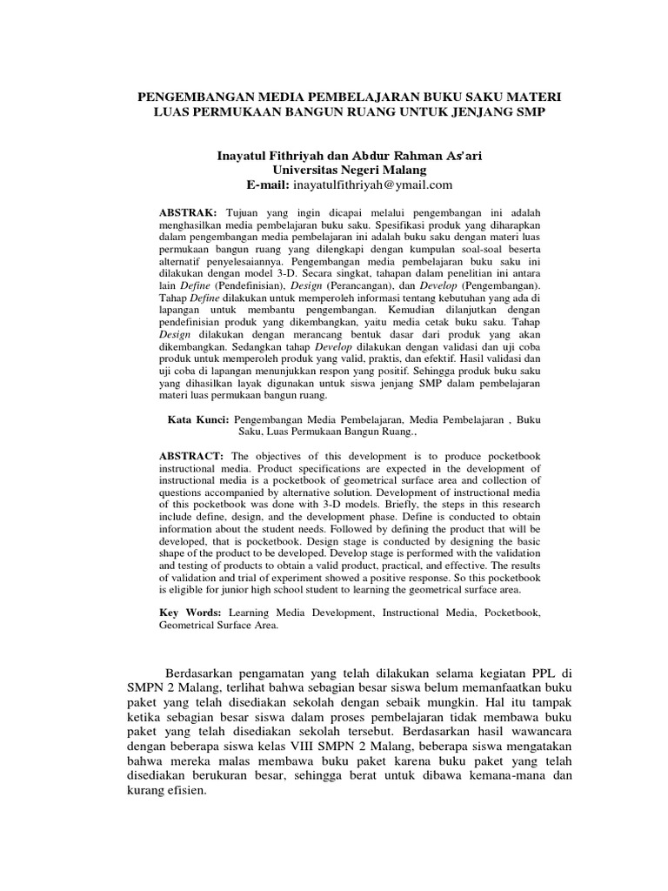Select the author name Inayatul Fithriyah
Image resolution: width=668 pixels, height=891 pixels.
coord(270,155)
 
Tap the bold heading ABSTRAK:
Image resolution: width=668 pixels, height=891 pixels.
coord(189,212)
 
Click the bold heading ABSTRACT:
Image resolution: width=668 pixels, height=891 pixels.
coord(191,456)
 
